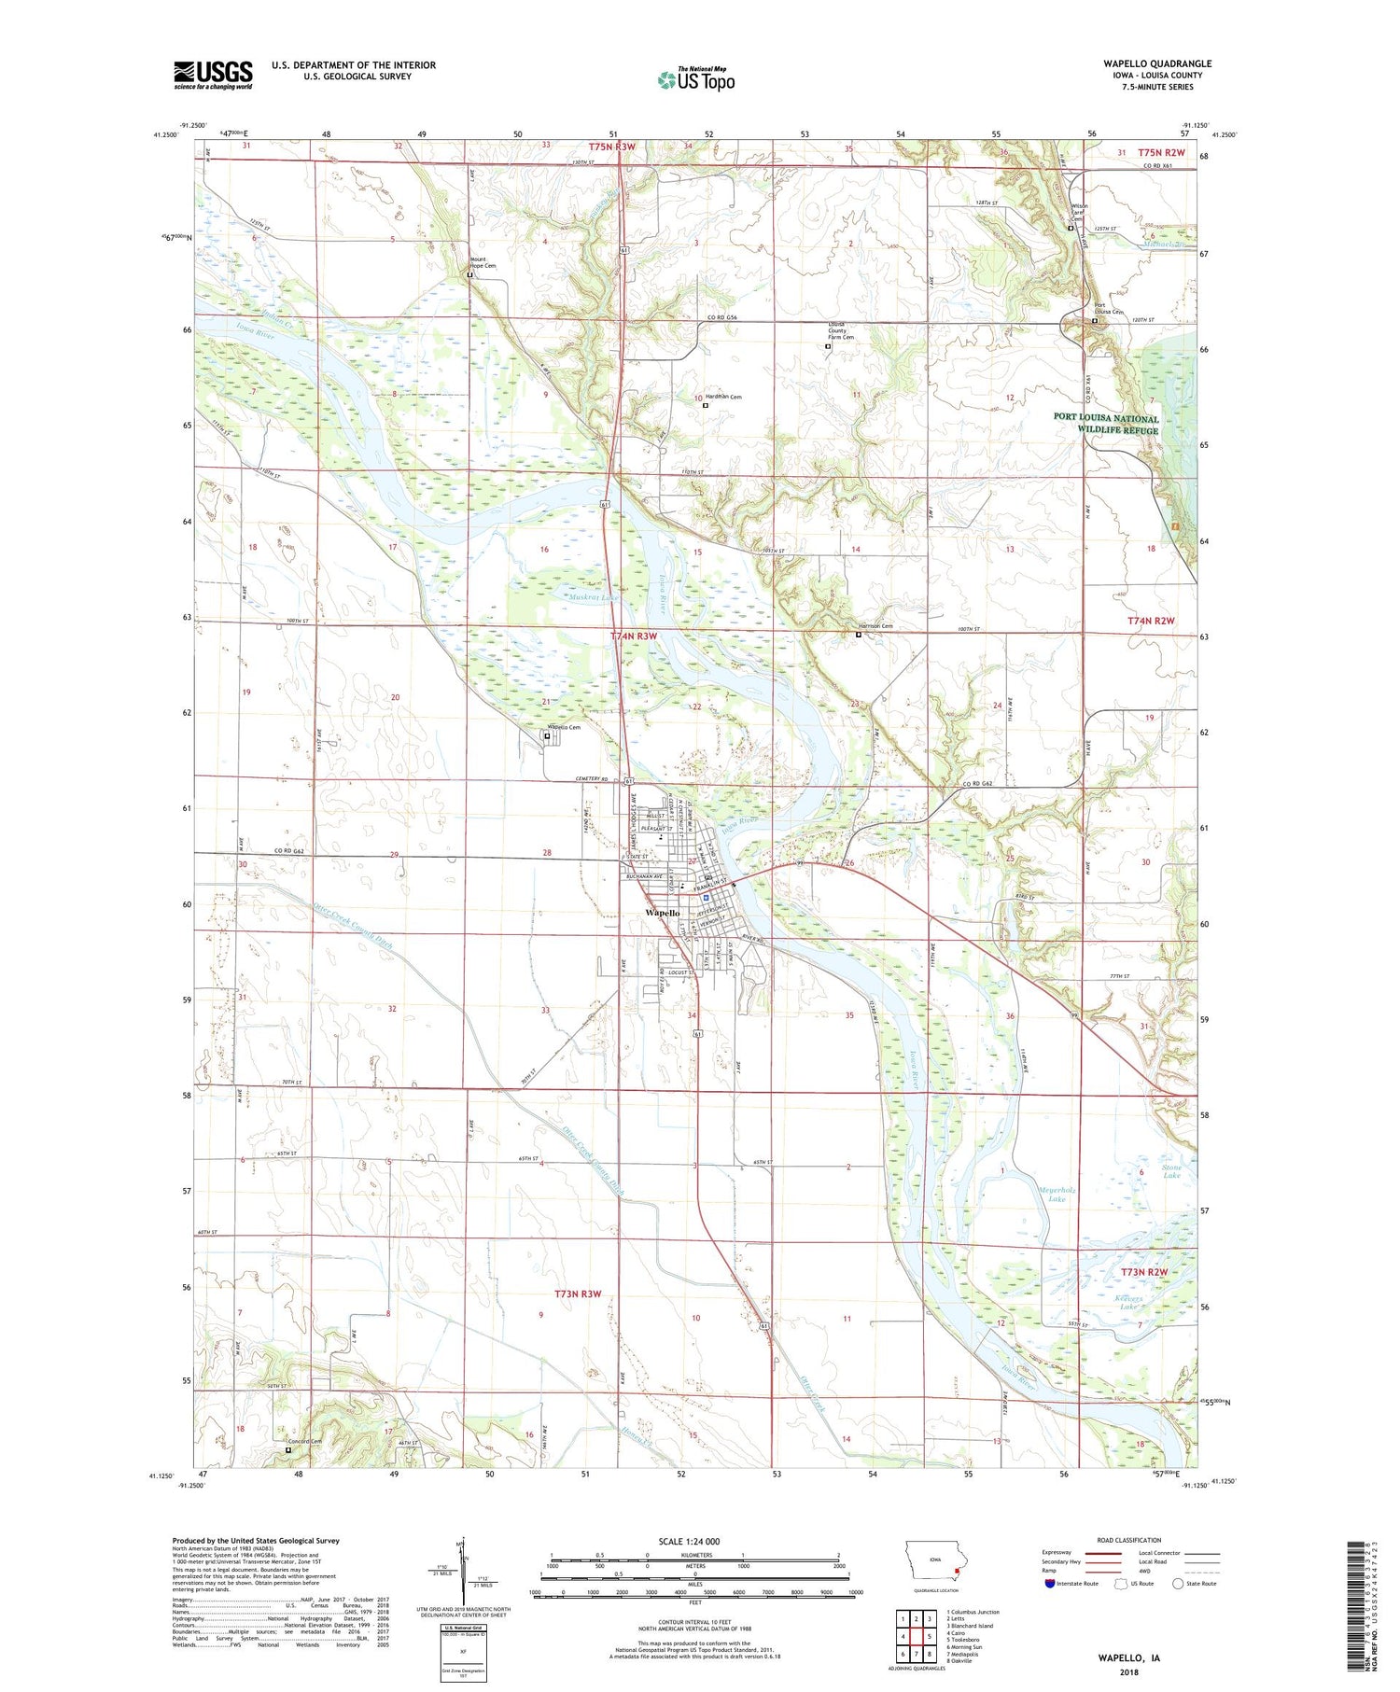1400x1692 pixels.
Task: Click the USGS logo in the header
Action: point(213,75)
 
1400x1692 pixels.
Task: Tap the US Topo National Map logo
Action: point(695,79)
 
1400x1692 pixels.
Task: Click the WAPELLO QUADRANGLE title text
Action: point(1157,63)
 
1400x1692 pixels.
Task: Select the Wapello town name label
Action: point(663,912)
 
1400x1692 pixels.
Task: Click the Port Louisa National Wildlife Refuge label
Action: point(1106,424)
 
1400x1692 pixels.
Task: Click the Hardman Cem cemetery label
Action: point(722,397)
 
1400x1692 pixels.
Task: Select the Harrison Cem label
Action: point(875,626)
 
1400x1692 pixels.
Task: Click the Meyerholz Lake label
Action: point(1057,1194)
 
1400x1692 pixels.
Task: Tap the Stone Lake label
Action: point(1171,1171)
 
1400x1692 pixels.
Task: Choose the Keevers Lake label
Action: point(1130,1302)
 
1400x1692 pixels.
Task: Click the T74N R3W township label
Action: point(634,636)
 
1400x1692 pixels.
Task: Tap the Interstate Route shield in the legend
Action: point(1050,1583)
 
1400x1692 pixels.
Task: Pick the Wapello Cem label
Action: point(563,727)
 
